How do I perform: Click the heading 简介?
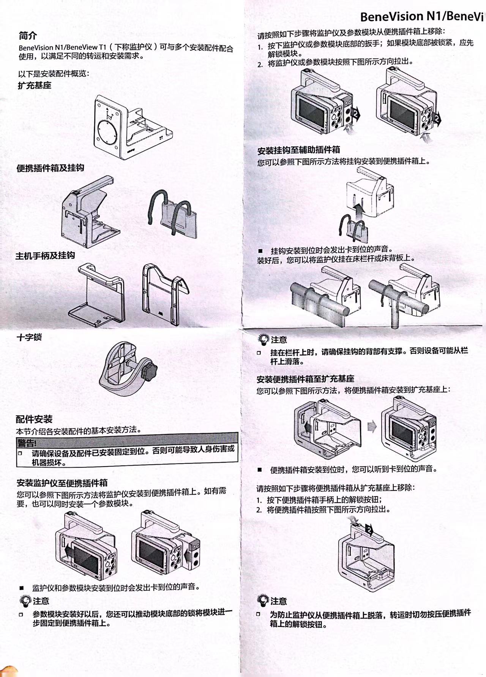28,36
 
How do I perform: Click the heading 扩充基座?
35,85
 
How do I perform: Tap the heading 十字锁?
29,337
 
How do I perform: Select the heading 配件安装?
34,419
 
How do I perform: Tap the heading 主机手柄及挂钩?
45,256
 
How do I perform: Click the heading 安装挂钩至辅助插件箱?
298,150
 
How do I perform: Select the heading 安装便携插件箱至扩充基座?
305,379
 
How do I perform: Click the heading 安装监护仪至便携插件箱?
62,483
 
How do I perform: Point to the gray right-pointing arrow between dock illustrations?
372,427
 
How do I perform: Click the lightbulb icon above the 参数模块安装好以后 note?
25,601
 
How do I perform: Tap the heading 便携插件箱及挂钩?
50,168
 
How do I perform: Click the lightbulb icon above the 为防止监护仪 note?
263,600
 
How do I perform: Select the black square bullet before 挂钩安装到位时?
260,251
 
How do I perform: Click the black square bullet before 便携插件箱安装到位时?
260,470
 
